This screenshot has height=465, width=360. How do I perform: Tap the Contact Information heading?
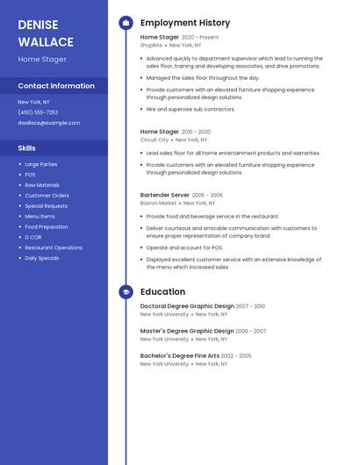56,86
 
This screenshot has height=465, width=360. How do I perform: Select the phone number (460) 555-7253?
38,112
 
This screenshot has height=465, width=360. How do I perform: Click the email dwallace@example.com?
48,123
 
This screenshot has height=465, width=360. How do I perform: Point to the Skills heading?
26,148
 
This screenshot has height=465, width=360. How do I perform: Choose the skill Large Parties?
41,164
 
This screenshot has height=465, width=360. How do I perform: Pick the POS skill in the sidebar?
30,175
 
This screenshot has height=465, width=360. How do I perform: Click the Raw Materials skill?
42,185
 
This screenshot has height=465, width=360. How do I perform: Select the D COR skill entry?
33,237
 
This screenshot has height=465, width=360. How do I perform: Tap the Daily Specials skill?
42,258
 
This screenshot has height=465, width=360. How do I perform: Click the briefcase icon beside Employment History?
126,23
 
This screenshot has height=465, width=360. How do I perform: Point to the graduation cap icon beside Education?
126,292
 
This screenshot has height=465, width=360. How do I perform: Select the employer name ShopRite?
151,45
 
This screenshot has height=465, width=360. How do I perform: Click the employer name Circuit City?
155,139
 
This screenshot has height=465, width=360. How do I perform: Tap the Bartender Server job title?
164,195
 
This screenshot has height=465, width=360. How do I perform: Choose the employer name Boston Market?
158,203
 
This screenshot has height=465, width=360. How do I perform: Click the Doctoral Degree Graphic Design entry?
187,306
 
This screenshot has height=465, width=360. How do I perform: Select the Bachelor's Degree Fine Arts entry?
180,355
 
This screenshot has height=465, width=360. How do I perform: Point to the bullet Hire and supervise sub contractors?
191,109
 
